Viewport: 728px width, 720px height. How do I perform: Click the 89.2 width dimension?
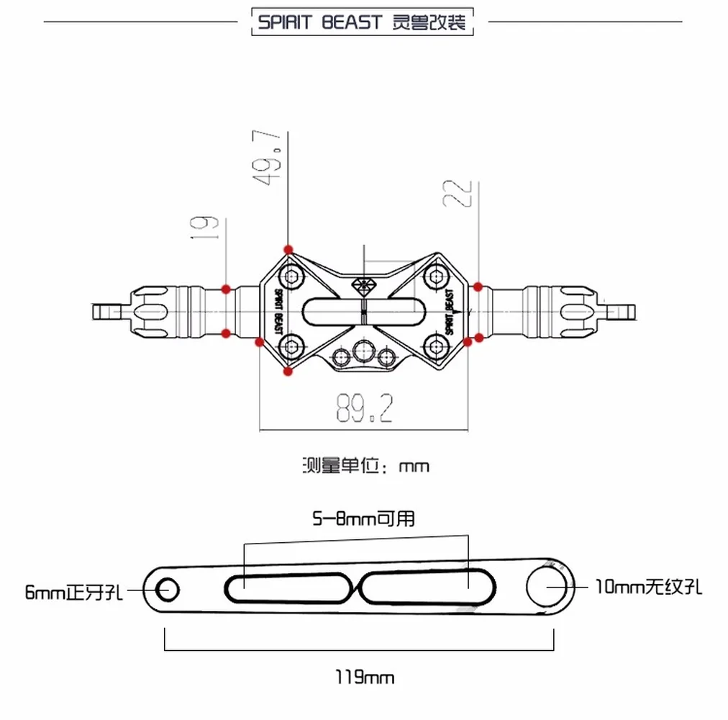[364, 408]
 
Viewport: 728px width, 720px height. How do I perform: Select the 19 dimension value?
[209, 227]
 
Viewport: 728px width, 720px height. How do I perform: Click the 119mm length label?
[365, 678]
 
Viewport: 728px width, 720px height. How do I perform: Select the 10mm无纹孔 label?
[648, 588]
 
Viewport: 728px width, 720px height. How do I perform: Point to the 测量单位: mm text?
[365, 465]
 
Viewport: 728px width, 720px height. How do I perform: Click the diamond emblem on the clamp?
[363, 284]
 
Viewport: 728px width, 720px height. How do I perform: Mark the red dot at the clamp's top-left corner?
[288, 249]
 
